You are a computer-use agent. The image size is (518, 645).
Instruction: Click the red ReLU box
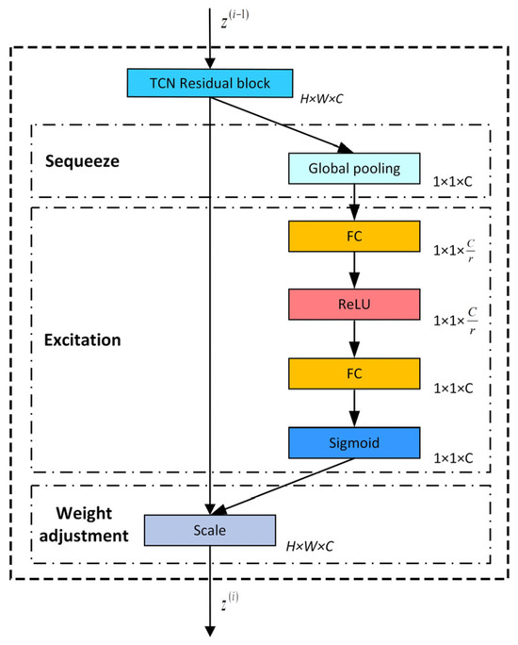coord(351,305)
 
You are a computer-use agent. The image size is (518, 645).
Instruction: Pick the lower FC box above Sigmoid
coord(351,372)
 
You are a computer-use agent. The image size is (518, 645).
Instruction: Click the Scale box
coord(209,529)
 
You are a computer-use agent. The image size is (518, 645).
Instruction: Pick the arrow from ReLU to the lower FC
coord(351,339)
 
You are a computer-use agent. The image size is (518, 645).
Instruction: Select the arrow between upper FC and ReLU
coord(351,270)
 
